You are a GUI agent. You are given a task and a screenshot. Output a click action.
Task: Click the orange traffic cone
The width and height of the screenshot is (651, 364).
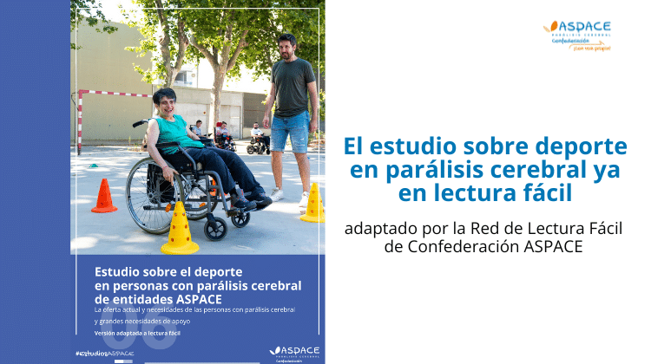pyautogui.click(x=104, y=197)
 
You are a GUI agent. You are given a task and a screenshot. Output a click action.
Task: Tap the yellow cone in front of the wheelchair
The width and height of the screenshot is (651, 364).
pyautogui.click(x=180, y=230)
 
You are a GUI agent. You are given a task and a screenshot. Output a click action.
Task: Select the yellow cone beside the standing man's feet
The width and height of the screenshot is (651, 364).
pyautogui.click(x=313, y=204)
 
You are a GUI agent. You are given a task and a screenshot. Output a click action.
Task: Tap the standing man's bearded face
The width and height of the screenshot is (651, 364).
pyautogui.click(x=287, y=48)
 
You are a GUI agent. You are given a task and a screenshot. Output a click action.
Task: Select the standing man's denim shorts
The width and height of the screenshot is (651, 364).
pyautogui.click(x=290, y=131)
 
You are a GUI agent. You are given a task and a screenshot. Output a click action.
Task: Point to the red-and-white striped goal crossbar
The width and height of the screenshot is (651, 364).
pyautogui.click(x=113, y=93)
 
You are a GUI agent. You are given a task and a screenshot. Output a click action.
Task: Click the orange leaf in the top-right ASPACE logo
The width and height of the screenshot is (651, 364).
pyautogui.click(x=549, y=28)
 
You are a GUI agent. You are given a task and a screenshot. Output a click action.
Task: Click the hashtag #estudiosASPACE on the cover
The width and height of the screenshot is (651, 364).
pyautogui.click(x=104, y=354)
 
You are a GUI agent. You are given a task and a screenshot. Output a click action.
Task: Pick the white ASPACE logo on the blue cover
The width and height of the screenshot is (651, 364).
pyautogui.click(x=294, y=350)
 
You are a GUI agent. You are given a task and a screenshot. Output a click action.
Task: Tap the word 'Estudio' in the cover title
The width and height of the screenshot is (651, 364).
pyautogui.click(x=118, y=270)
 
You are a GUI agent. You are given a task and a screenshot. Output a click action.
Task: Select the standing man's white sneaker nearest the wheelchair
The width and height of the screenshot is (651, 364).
pyautogui.click(x=276, y=195)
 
